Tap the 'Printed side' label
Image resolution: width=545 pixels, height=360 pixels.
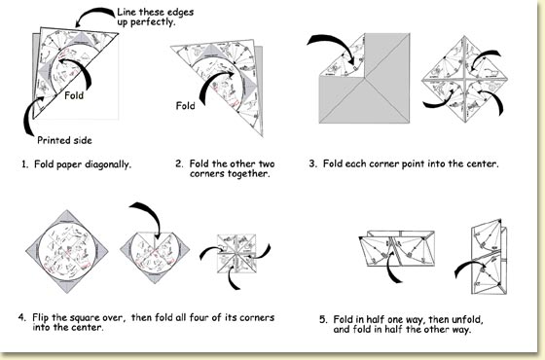tap(64, 137)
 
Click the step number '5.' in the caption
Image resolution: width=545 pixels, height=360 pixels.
tap(323, 318)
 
